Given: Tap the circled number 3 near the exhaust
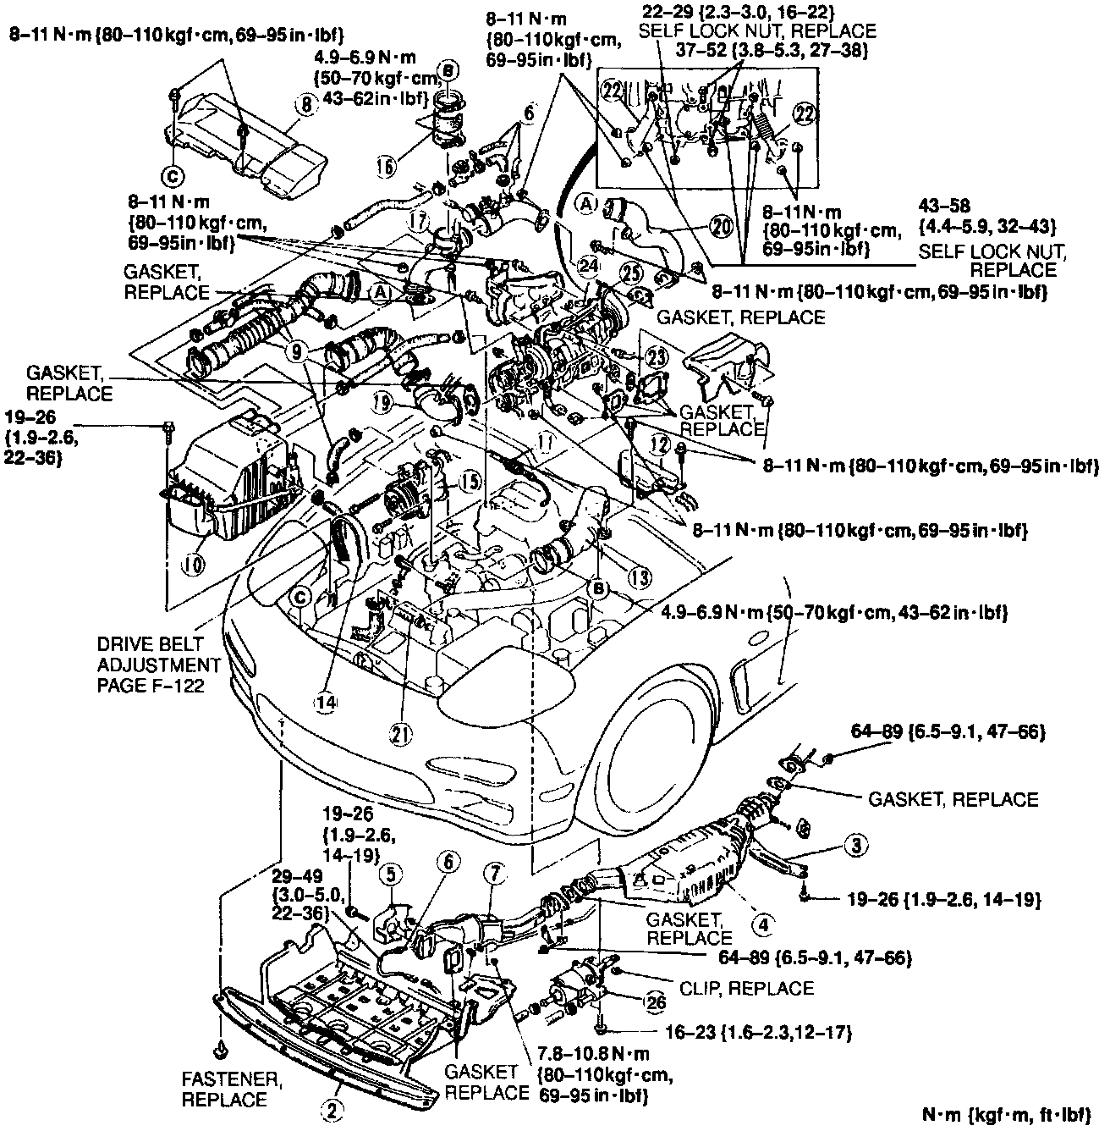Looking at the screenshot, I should click(856, 844).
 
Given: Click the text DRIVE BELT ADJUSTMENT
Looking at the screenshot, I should click(158, 654).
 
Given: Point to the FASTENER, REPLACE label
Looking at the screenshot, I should click(224, 1090).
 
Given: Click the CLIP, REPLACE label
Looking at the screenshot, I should click(747, 988).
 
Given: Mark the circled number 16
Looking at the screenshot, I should click(387, 168).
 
